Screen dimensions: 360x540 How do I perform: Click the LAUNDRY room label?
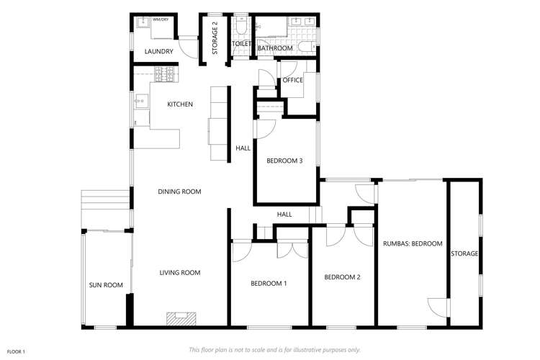pyautogui.click(x=158, y=51)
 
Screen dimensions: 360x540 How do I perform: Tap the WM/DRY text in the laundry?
pyautogui.click(x=160, y=19)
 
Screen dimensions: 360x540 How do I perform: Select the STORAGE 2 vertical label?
pyautogui.click(x=215, y=38)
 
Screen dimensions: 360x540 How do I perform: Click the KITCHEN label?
pyautogui.click(x=180, y=104)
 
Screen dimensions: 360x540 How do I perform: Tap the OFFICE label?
pyautogui.click(x=293, y=80)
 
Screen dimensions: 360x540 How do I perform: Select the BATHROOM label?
pyautogui.click(x=275, y=48)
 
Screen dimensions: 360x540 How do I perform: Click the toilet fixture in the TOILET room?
pyautogui.click(x=242, y=27)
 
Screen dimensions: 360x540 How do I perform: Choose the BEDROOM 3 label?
pyautogui.click(x=284, y=160)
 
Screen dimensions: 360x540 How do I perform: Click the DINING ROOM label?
pyautogui.click(x=179, y=192)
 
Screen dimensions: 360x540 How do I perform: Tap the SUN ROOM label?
pyautogui.click(x=106, y=285)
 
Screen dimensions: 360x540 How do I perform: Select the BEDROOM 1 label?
pyautogui.click(x=269, y=283)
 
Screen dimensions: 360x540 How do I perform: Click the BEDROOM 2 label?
pyautogui.click(x=342, y=277)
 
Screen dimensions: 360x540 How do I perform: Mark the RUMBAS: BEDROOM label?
pyautogui.click(x=413, y=243)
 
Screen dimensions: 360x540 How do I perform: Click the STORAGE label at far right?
pyautogui.click(x=464, y=253)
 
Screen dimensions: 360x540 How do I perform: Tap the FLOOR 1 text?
pyautogui.click(x=15, y=351)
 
